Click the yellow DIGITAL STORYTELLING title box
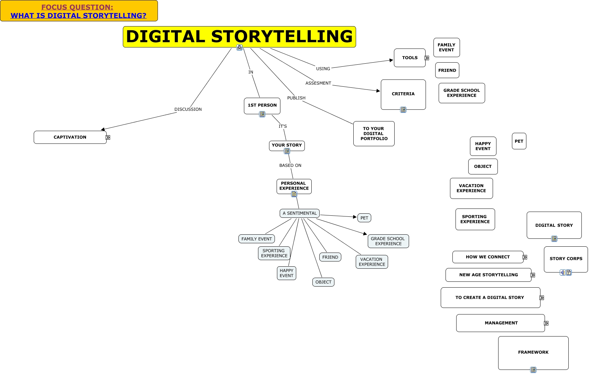[x=239, y=36]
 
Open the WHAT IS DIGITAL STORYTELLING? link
[x=78, y=15]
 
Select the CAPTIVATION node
[x=70, y=137]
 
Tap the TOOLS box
[x=409, y=58]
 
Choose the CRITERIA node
[x=403, y=94]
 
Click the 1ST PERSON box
[x=262, y=105]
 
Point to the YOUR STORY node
[x=287, y=145]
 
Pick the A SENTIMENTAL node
[x=299, y=213]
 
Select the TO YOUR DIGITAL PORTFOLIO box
[x=374, y=133]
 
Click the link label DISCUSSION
[x=188, y=109]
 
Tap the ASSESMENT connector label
[x=318, y=83]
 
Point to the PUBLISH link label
[x=296, y=98]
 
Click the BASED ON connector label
[x=290, y=165]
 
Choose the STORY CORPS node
[x=566, y=259]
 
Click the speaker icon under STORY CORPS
[x=563, y=273]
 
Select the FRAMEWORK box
[x=533, y=352]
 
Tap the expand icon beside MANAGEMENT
[x=546, y=323]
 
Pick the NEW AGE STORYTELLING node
[x=488, y=275]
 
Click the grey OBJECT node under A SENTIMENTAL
[x=323, y=282]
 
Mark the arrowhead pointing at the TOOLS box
[x=391, y=60]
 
